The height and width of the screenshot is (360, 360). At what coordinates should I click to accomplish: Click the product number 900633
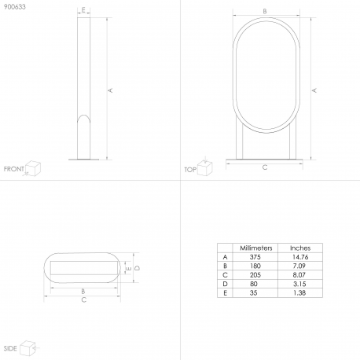15,7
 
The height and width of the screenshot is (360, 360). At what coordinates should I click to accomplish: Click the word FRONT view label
13,169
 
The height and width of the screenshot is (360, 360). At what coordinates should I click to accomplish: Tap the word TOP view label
190,170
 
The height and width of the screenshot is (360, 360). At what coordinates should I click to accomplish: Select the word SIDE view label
10,348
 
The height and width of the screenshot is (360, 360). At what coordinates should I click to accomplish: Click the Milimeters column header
256,248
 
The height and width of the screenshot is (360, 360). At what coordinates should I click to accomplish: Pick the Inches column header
300,248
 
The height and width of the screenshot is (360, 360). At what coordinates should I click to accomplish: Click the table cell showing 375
255,257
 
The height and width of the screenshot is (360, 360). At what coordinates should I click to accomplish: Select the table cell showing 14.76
300,257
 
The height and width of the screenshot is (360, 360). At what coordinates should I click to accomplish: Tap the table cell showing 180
255,266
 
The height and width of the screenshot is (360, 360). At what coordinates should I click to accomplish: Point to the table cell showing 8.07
299,275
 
